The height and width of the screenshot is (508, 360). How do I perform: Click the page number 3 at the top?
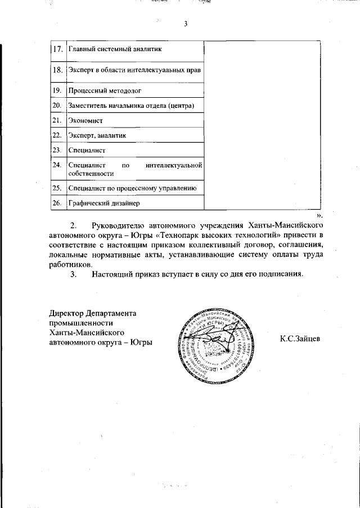pos(184,24)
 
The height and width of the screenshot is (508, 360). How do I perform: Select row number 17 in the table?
pos(56,49)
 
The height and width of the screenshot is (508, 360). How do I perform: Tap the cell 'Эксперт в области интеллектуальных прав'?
pos(134,70)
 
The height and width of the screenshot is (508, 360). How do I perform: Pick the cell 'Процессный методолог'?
pos(104,90)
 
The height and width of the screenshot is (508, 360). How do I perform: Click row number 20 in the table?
pos(56,105)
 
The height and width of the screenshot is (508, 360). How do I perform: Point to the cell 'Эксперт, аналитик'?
pos(97,135)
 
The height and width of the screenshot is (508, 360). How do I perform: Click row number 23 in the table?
pos(56,150)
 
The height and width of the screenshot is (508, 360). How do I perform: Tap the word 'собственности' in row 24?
pos(90,174)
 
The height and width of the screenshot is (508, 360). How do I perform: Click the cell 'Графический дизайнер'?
pos(103,203)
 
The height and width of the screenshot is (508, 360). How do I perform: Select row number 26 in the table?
pos(56,203)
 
